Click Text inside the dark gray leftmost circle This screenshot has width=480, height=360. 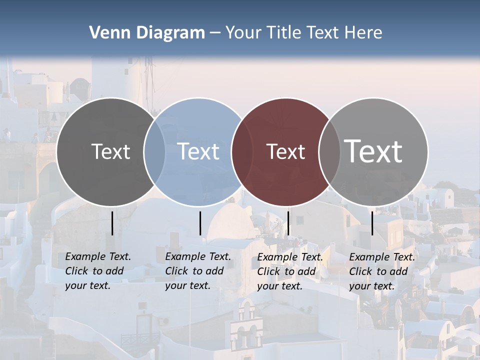(x=110, y=151)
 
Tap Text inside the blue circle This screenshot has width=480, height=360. (x=198, y=151)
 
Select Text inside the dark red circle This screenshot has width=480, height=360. (x=285, y=151)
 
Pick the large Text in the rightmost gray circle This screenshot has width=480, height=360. (x=373, y=151)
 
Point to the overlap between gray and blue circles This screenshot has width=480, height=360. (x=154, y=151)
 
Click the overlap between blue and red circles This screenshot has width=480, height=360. (x=242, y=151)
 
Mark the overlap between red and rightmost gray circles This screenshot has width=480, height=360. (x=329, y=151)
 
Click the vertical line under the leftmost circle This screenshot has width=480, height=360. (x=112, y=223)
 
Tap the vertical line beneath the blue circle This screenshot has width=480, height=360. (x=200, y=223)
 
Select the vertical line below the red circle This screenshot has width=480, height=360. (x=288, y=223)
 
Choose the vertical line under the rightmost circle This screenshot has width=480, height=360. (x=372, y=223)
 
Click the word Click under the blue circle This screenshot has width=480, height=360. (x=176, y=271)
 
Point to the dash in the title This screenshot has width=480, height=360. (x=215, y=33)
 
